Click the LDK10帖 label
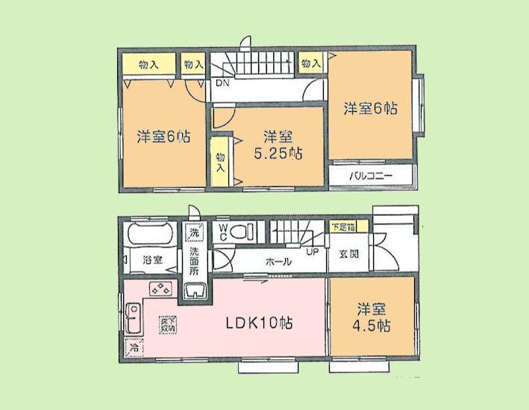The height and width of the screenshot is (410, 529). pyautogui.click(x=259, y=324)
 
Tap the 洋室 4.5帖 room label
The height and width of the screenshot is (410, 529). pyautogui.click(x=372, y=317)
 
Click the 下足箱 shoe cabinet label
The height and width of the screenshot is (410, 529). pyautogui.click(x=345, y=224)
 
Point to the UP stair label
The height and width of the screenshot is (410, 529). pyautogui.click(x=313, y=251)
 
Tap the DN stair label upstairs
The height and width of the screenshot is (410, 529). pyautogui.click(x=222, y=83)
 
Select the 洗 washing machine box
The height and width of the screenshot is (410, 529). pyautogui.click(x=194, y=232)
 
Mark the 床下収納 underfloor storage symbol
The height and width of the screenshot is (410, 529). pyautogui.click(x=168, y=325)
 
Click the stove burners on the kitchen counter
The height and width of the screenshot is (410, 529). pyautogui.click(x=160, y=290)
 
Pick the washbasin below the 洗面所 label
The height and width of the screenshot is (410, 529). pyautogui.click(x=195, y=290)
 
